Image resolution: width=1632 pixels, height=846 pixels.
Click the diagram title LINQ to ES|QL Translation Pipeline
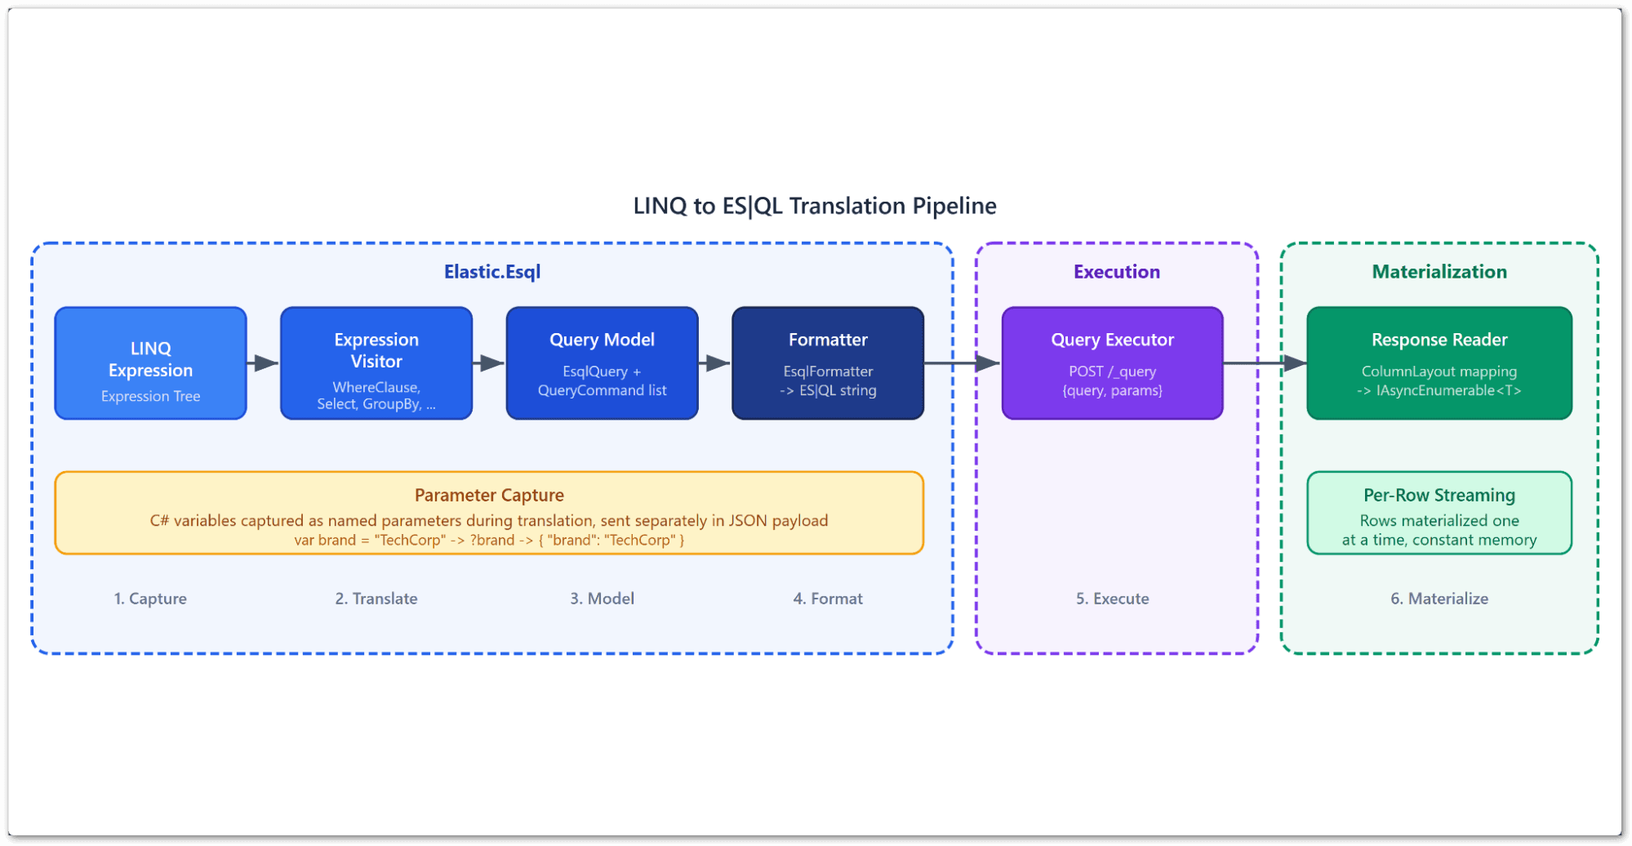pyautogui.click(x=815, y=206)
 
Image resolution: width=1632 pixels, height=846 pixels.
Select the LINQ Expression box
pyautogui.click(x=150, y=363)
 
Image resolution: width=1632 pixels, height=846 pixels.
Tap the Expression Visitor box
pyautogui.click(x=376, y=363)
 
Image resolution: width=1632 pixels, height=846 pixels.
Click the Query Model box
pyautogui.click(x=602, y=363)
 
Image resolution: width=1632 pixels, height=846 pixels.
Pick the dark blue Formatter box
pyautogui.click(x=828, y=363)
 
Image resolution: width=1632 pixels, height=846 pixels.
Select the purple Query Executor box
pyautogui.click(x=1112, y=363)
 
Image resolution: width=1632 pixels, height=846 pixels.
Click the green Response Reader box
pyautogui.click(x=1439, y=363)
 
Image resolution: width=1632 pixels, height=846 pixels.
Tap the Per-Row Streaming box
pyautogui.click(x=1439, y=513)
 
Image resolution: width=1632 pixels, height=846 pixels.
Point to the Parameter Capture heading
pyautogui.click(x=489, y=495)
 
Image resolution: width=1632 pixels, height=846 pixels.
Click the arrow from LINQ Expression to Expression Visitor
pyautogui.click(x=263, y=363)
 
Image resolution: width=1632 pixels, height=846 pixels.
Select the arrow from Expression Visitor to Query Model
pyautogui.click(x=489, y=363)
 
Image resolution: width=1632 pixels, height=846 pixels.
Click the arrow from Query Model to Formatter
pyautogui.click(x=715, y=363)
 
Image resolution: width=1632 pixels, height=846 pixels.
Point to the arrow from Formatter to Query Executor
pyautogui.click(x=963, y=363)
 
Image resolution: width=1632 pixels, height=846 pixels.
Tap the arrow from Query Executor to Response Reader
pyautogui.click(x=1265, y=363)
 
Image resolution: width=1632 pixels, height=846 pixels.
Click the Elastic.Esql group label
pyautogui.click(x=491, y=272)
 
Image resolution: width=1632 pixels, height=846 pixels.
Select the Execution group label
pyautogui.click(x=1116, y=272)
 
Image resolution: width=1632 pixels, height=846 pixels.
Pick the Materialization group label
pyautogui.click(x=1439, y=272)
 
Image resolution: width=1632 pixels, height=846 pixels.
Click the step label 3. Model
pyautogui.click(x=602, y=599)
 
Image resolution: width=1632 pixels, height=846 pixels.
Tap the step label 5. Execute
pyautogui.click(x=1112, y=599)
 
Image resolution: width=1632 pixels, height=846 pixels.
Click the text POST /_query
pyautogui.click(x=1112, y=372)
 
